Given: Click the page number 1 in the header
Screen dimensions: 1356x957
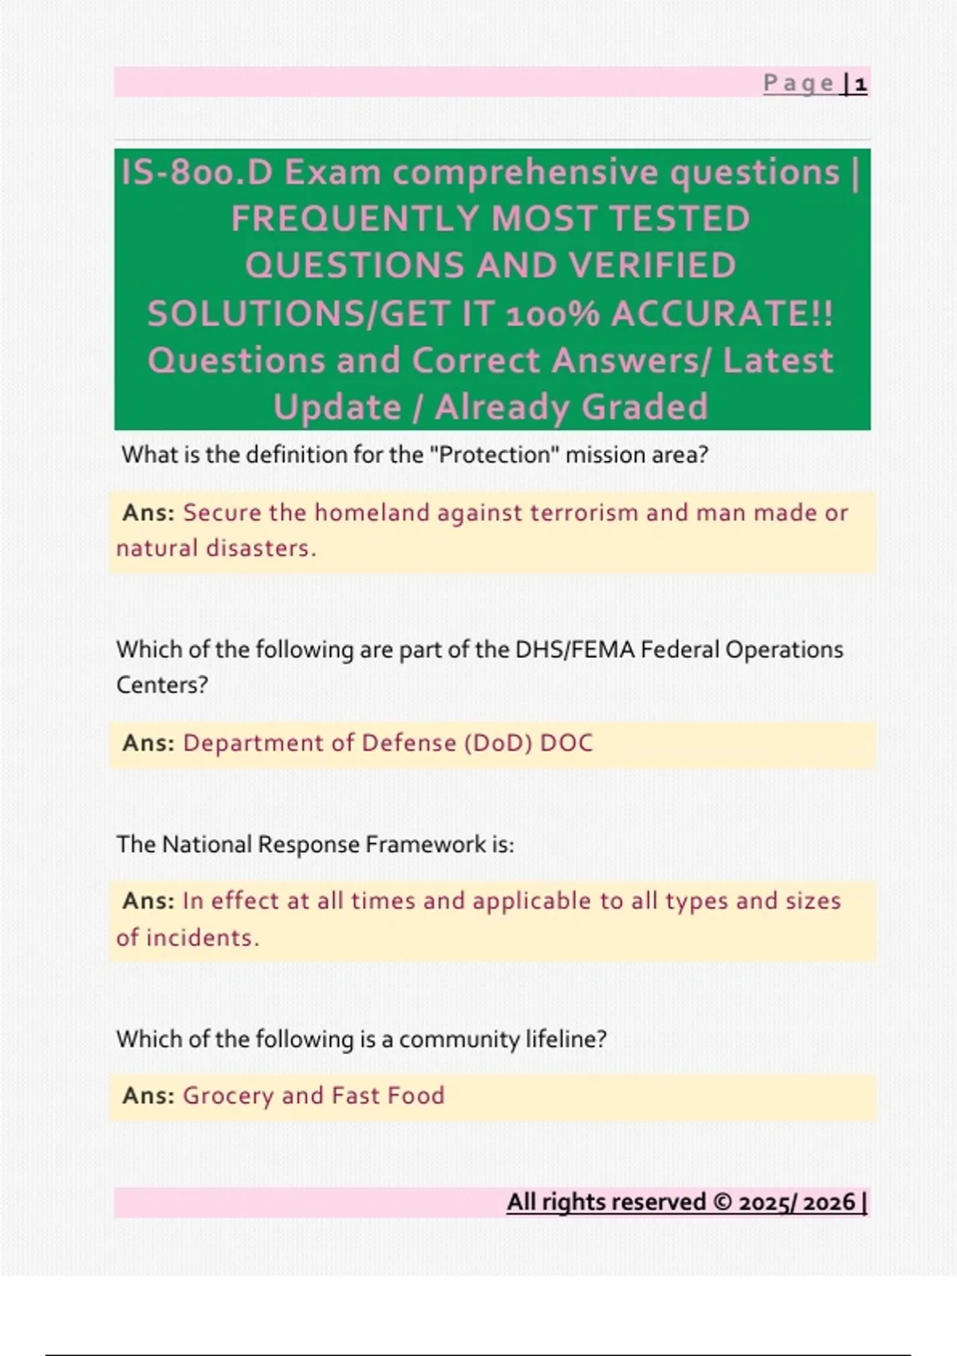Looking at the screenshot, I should click(x=861, y=83).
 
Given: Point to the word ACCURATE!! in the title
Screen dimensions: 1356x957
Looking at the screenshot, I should click(x=723, y=313).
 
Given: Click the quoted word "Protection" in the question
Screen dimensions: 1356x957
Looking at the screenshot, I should click(x=494, y=455).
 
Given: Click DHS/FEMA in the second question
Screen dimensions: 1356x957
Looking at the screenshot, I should click(x=575, y=649).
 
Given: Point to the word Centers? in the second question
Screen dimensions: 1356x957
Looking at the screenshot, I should click(x=162, y=685).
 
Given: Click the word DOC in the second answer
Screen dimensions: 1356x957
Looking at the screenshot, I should click(x=566, y=743).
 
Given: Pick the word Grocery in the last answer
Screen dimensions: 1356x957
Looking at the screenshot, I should click(x=228, y=1096).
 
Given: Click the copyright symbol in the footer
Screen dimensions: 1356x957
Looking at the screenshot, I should click(x=723, y=1202).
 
